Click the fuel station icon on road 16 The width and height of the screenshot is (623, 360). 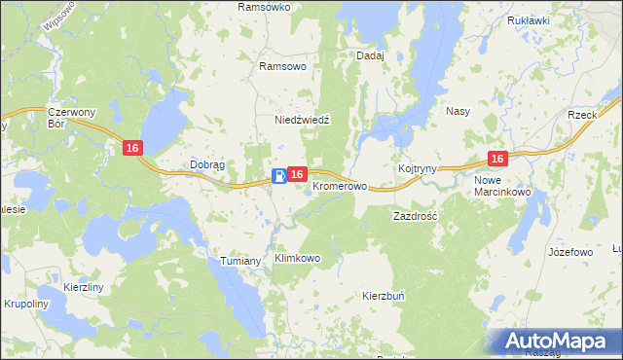[279, 175]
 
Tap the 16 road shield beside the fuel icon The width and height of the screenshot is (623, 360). [299, 174]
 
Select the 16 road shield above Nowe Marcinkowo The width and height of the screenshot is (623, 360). [497, 159]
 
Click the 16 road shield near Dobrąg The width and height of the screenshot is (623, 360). [133, 147]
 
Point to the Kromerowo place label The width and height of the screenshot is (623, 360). [341, 185]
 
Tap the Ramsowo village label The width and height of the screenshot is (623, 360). [282, 66]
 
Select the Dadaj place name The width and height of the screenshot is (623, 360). [371, 55]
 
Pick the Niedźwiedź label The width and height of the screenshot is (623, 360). [303, 120]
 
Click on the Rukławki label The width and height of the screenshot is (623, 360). [529, 19]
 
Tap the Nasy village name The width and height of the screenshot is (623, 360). [458, 111]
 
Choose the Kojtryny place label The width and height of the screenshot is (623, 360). [417, 169]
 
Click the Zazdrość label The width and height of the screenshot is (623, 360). [416, 214]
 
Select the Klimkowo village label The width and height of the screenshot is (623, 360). [298, 259]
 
